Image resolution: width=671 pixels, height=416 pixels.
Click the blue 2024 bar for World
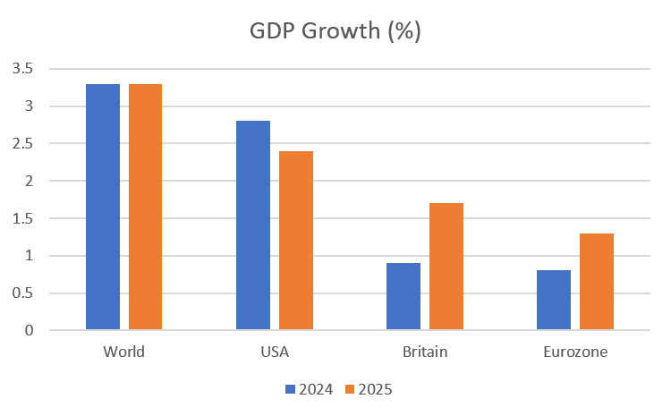[102, 208]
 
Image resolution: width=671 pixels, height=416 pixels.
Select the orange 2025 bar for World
[145, 208]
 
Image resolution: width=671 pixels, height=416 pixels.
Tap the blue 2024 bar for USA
[252, 225]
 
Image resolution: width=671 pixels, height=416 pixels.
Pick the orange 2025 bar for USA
[295, 241]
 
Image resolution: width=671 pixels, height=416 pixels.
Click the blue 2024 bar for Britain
[403, 297]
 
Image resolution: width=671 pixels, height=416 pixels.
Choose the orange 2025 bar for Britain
[446, 267]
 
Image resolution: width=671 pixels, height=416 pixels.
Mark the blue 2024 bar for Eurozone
[553, 301]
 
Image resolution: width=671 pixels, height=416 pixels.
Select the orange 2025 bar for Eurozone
[597, 282]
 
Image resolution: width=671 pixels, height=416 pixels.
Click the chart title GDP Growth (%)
[335, 31]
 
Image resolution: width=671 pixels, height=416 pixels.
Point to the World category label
[123, 352]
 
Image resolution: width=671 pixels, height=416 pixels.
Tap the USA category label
[274, 352]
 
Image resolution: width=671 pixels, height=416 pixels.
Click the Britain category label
[424, 352]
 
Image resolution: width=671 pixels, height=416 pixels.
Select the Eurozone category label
[575, 352]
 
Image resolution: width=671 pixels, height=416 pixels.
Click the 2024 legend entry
[310, 389]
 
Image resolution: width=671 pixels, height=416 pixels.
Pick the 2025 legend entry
[369, 389]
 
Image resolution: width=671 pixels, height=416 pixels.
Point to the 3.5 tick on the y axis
[23, 69]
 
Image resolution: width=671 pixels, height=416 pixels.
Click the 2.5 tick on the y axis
[23, 144]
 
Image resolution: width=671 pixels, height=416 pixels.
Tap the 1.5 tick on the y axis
[23, 218]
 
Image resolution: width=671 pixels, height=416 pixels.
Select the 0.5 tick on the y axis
[23, 293]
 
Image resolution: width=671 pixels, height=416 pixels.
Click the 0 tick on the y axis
[30, 331]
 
